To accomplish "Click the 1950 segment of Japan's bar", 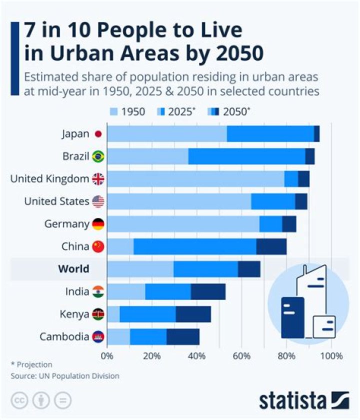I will pyautogui.click(x=166, y=134).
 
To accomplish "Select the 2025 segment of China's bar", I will pyautogui.click(x=194, y=246).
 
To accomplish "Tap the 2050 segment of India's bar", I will pyautogui.click(x=208, y=291).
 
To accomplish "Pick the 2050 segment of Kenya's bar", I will pyautogui.click(x=193, y=314).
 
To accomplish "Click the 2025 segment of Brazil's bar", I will pyautogui.click(x=246, y=156).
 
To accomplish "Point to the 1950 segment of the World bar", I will pyautogui.click(x=140, y=269).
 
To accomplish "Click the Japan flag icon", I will pyautogui.click(x=98, y=134).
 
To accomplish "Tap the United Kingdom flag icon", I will pyautogui.click(x=98, y=179).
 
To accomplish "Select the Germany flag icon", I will pyautogui.click(x=98, y=224).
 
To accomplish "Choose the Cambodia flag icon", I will pyautogui.click(x=98, y=336).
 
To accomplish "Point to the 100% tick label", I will pyautogui.click(x=331, y=356).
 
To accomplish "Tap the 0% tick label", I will pyautogui.click(x=107, y=356).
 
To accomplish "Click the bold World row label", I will pyautogui.click(x=73, y=269).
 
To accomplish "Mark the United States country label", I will pyautogui.click(x=57, y=201).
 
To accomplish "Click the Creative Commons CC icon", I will pyautogui.click(x=20, y=400).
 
